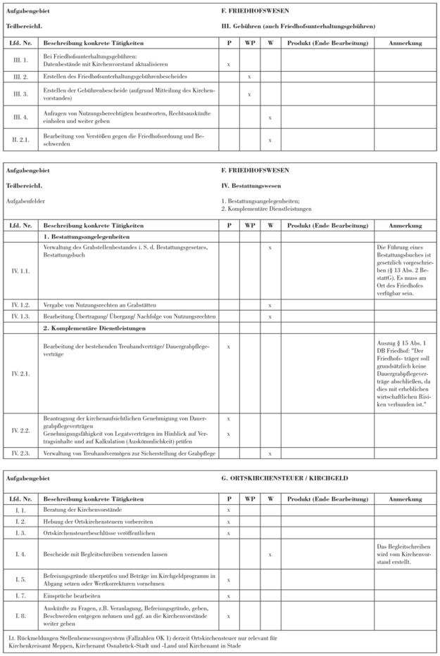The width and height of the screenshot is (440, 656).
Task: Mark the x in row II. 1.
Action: pyautogui.click(x=228, y=63)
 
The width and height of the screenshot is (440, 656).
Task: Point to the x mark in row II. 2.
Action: pyautogui.click(x=249, y=75)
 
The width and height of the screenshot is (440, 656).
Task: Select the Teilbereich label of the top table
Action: pyautogui.click(x=19, y=26)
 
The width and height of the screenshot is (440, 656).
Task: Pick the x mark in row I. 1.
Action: pyautogui.click(x=228, y=510)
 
